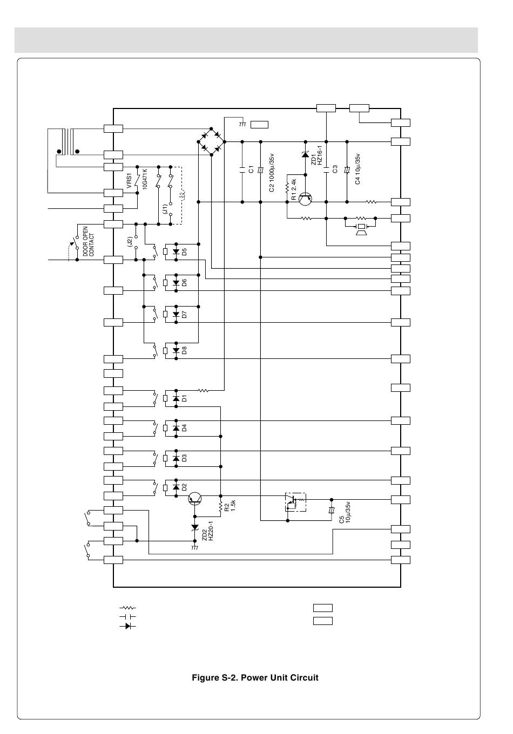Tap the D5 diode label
[x=184, y=252]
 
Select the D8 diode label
[x=184, y=350]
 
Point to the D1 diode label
[x=184, y=398]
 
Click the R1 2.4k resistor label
[x=294, y=189]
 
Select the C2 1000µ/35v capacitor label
[x=272, y=173]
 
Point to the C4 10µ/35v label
[x=357, y=169]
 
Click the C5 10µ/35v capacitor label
[x=345, y=513]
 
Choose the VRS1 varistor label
[x=129, y=181]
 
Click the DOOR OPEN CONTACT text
[x=88, y=241]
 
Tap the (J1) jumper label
[x=165, y=209]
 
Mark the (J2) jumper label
[x=130, y=241]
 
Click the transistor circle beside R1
[x=305, y=199]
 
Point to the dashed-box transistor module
[x=295, y=502]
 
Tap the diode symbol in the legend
[x=127, y=626]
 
